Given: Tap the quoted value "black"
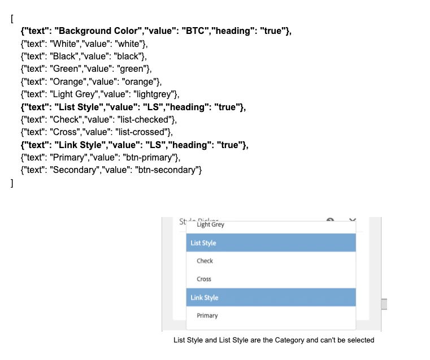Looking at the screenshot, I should (x=131, y=56).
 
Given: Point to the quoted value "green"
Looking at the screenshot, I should (x=133, y=69).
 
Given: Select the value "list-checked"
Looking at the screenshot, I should (x=147, y=119).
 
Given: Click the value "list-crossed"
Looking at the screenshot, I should (x=144, y=132).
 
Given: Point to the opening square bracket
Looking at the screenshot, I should (x=12, y=18).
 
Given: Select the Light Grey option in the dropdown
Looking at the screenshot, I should (x=210, y=224).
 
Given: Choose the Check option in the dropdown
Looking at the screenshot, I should (x=205, y=261).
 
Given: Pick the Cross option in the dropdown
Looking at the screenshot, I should (x=204, y=279).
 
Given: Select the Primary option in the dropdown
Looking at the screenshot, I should (x=207, y=315).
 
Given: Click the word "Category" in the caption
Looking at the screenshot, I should (x=290, y=340).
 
